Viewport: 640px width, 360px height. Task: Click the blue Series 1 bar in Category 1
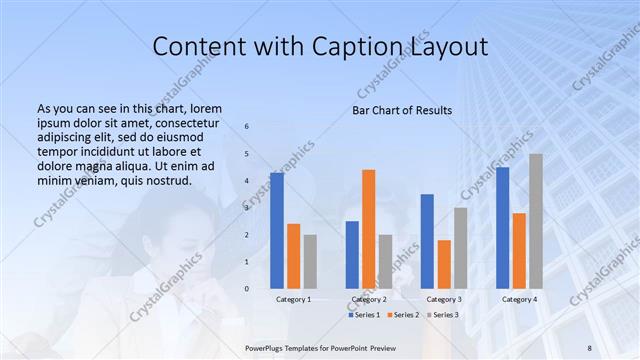click(x=277, y=231)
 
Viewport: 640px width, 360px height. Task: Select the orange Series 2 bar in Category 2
click(x=369, y=229)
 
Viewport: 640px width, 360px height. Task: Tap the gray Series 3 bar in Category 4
click(x=536, y=221)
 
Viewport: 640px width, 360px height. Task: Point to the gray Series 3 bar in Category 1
click(x=310, y=262)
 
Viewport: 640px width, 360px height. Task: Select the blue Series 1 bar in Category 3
click(x=427, y=241)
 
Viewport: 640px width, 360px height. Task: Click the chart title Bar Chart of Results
click(x=402, y=110)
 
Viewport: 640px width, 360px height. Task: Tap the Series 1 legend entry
click(x=364, y=315)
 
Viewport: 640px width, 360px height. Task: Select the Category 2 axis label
click(x=368, y=299)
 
